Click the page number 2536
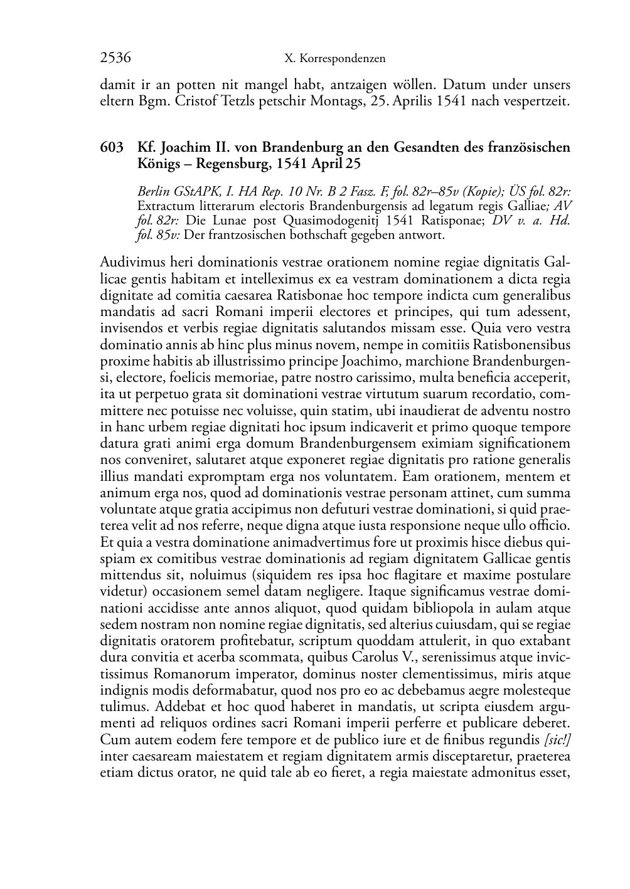pyautogui.click(x=115, y=58)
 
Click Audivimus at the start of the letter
pyautogui.click(x=132, y=262)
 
